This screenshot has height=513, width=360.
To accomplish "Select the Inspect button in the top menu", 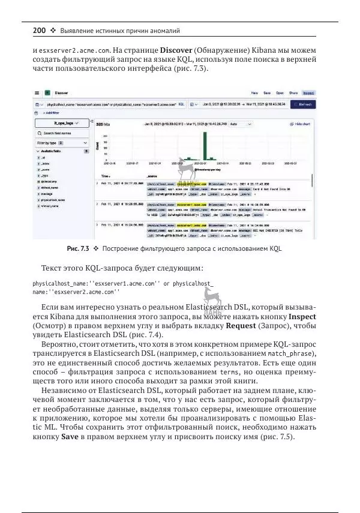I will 308,94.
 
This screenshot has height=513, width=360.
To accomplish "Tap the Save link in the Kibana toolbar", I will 267,94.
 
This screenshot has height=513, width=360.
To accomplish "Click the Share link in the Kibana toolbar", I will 293,94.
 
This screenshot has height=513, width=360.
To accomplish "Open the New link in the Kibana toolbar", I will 254,94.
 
